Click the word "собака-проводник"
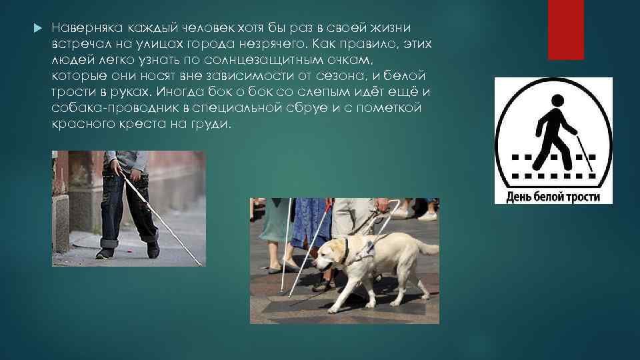[109, 108]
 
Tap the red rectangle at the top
[565, 29]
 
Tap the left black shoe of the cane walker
[105, 253]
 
